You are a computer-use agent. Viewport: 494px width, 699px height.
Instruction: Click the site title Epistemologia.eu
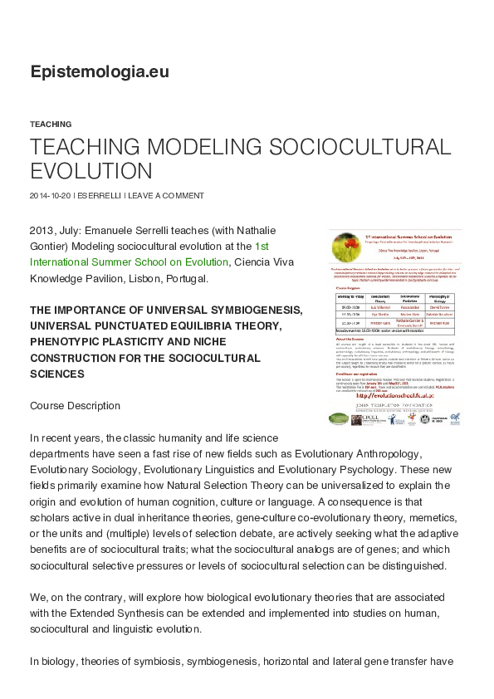100,72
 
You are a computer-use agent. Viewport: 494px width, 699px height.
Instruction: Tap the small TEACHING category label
51,124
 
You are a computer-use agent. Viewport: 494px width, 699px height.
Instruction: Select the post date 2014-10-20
50,196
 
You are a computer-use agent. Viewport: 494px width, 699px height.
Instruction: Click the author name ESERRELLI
100,196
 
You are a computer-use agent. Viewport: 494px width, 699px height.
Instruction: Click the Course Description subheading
75,406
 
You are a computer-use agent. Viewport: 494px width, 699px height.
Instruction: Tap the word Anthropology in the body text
414,453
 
